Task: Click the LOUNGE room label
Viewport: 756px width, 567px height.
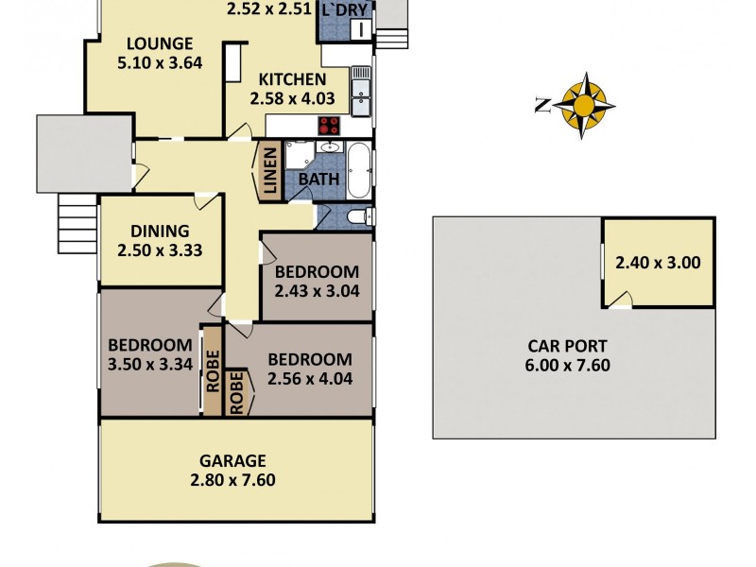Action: point(161,43)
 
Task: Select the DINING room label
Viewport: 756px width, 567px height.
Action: point(160,231)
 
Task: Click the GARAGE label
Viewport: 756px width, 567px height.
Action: point(232,461)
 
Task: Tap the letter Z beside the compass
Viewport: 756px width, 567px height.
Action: point(541,106)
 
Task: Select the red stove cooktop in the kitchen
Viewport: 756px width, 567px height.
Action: point(329,126)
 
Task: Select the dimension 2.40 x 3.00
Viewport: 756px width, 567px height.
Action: point(658,264)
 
